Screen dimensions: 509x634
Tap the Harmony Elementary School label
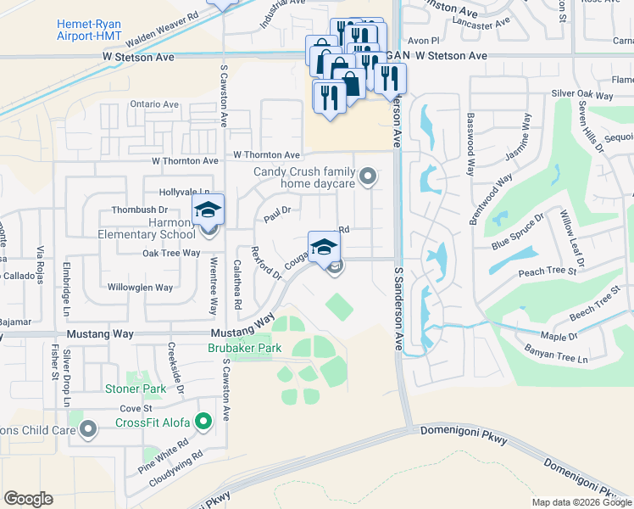pos(147,229)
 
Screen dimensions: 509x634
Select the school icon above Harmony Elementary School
pos(208,210)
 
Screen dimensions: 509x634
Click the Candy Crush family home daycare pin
pos(367,177)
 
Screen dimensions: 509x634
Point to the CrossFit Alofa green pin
pos(203,422)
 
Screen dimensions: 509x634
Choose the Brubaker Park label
pos(245,348)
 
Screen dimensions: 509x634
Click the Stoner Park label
pos(136,389)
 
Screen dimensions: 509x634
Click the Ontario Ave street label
pos(154,104)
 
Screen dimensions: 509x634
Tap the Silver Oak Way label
pos(581,93)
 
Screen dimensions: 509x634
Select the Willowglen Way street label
pos(141,288)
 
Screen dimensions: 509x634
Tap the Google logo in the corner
pos(28,499)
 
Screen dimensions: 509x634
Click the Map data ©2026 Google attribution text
pos(581,502)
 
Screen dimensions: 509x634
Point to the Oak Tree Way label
pos(171,253)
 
